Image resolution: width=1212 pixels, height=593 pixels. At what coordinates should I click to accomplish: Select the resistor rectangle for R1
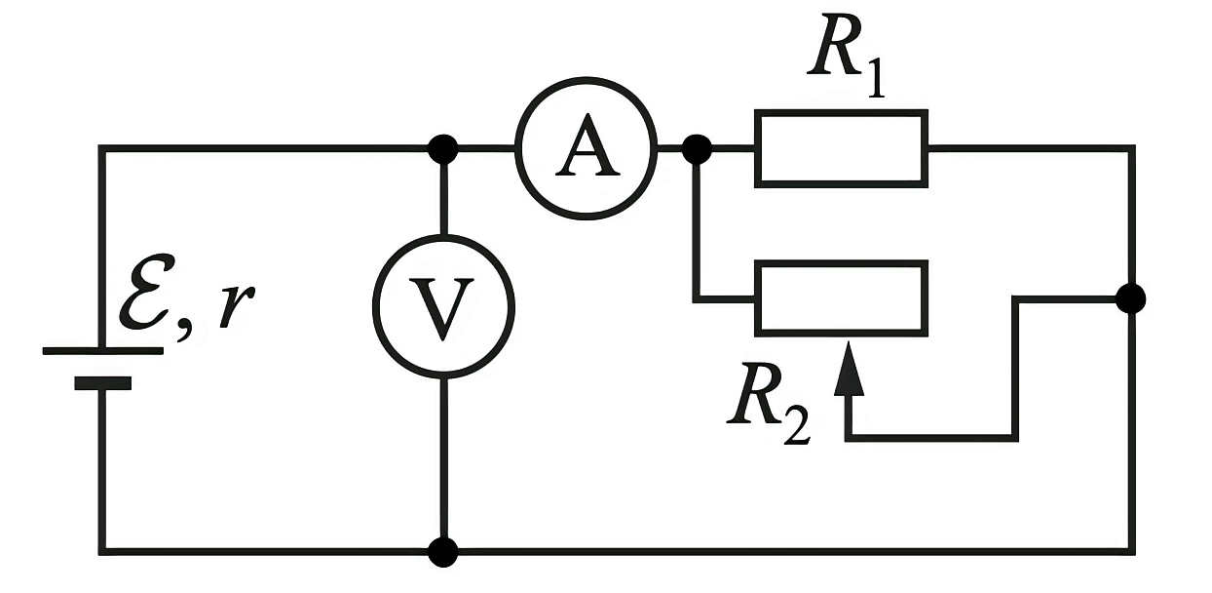point(842,113)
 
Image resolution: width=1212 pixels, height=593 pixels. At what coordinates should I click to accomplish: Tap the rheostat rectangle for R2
point(842,263)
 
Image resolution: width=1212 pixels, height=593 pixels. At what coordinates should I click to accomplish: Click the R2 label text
point(769,404)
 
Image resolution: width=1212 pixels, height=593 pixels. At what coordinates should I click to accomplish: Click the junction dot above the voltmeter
point(443,149)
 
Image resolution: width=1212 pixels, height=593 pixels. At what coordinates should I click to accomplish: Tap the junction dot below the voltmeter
point(443,552)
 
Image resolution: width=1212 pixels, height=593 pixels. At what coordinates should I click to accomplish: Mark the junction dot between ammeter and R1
point(697,149)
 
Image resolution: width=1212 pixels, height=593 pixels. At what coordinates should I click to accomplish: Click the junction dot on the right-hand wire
point(1131,298)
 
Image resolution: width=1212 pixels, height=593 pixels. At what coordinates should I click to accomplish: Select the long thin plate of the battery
point(103,351)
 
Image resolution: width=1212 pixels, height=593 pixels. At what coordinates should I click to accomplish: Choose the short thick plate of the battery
point(103,383)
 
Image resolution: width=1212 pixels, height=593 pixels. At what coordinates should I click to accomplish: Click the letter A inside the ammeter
point(587,146)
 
